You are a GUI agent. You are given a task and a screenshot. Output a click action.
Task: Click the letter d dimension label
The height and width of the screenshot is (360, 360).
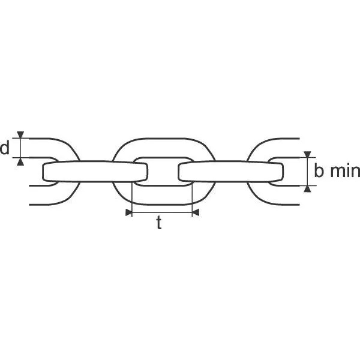point(5,148)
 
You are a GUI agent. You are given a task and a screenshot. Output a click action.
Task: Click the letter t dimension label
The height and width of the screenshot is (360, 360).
point(159,223)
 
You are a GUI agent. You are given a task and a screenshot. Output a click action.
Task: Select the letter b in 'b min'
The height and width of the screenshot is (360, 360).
point(319,170)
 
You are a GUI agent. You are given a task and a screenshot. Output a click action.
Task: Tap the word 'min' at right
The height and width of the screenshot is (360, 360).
point(345,171)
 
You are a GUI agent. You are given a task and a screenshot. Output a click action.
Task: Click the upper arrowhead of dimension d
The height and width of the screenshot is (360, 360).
point(20,135)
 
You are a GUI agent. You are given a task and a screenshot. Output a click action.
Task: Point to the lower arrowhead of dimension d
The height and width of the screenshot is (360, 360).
point(20,161)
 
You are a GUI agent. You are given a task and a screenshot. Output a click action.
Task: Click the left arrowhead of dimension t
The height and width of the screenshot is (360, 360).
point(129,212)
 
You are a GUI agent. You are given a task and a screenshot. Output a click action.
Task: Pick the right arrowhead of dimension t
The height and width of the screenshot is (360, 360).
point(196,212)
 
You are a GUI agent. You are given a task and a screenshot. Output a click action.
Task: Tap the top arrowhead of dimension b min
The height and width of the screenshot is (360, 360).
point(307,154)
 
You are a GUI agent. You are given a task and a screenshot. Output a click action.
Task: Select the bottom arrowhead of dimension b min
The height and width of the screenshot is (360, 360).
point(307,189)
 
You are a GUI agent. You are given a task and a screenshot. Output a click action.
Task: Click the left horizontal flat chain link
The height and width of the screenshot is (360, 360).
point(95,172)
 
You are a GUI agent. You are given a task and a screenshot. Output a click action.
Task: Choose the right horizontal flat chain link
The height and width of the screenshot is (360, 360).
point(231,172)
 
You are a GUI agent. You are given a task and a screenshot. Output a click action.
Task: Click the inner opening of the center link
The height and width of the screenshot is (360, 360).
point(163,172)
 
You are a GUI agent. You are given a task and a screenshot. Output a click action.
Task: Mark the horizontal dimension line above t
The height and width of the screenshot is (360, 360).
point(162,212)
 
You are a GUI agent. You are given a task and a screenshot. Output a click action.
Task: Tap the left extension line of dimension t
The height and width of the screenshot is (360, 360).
point(132,199)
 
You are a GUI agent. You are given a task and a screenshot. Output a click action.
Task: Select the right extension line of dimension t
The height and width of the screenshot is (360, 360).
point(192,199)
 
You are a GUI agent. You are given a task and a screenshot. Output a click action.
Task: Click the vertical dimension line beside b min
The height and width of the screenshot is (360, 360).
point(307,172)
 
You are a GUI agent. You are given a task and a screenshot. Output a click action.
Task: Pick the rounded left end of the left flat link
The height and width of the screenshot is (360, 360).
point(44,172)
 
